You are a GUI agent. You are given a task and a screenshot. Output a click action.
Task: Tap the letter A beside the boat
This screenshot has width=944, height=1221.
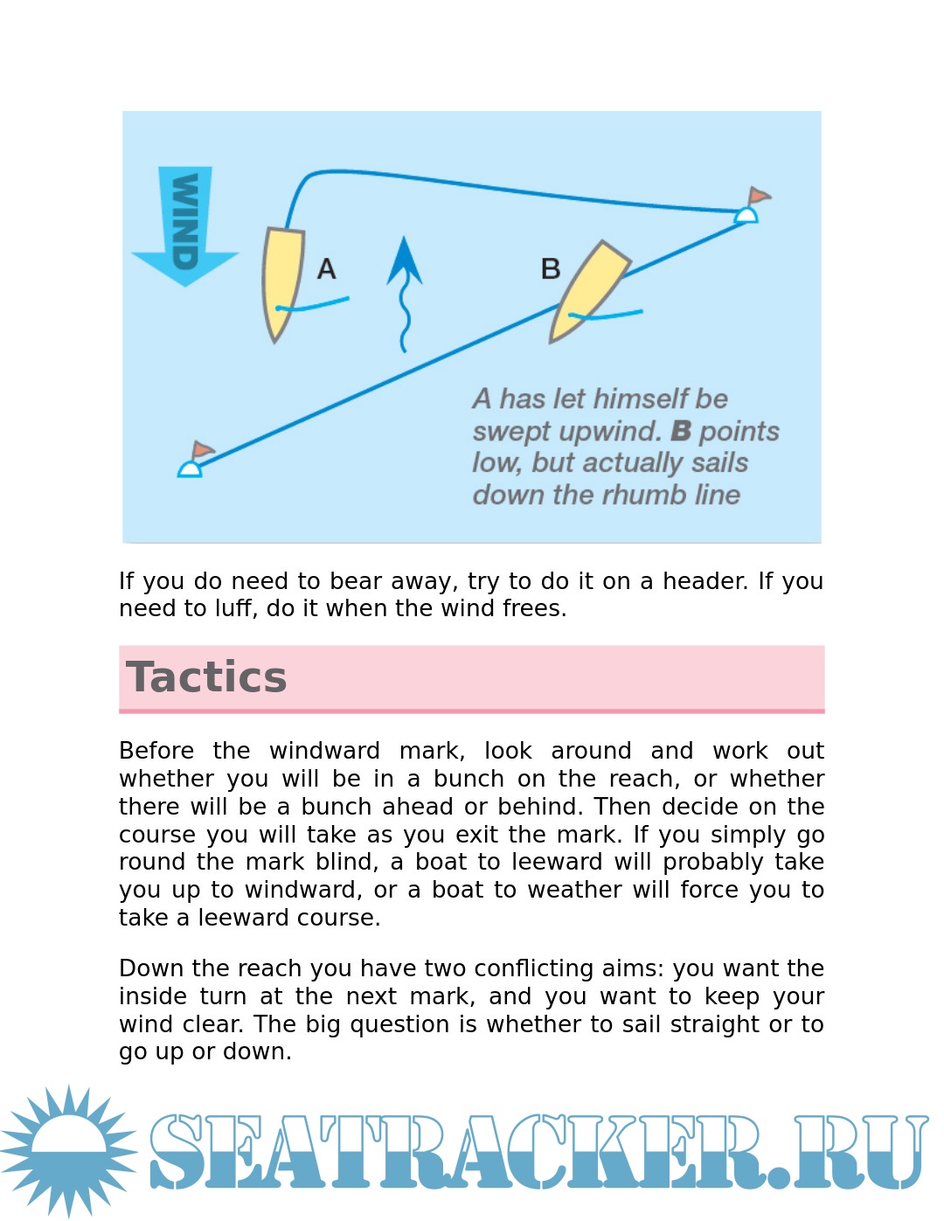[326, 268]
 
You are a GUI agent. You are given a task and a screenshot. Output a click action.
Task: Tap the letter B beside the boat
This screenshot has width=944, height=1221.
[551, 268]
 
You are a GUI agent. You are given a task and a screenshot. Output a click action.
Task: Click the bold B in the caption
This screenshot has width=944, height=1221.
[681, 431]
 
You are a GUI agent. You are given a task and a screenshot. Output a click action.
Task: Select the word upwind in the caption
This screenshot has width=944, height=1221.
[610, 432]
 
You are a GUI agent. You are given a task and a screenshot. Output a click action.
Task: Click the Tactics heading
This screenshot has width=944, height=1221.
[206, 677]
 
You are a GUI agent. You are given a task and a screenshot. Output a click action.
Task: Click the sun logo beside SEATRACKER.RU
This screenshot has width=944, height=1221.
[68, 1149]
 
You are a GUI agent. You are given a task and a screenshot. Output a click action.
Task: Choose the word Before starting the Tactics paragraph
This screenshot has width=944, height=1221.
[156, 751]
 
